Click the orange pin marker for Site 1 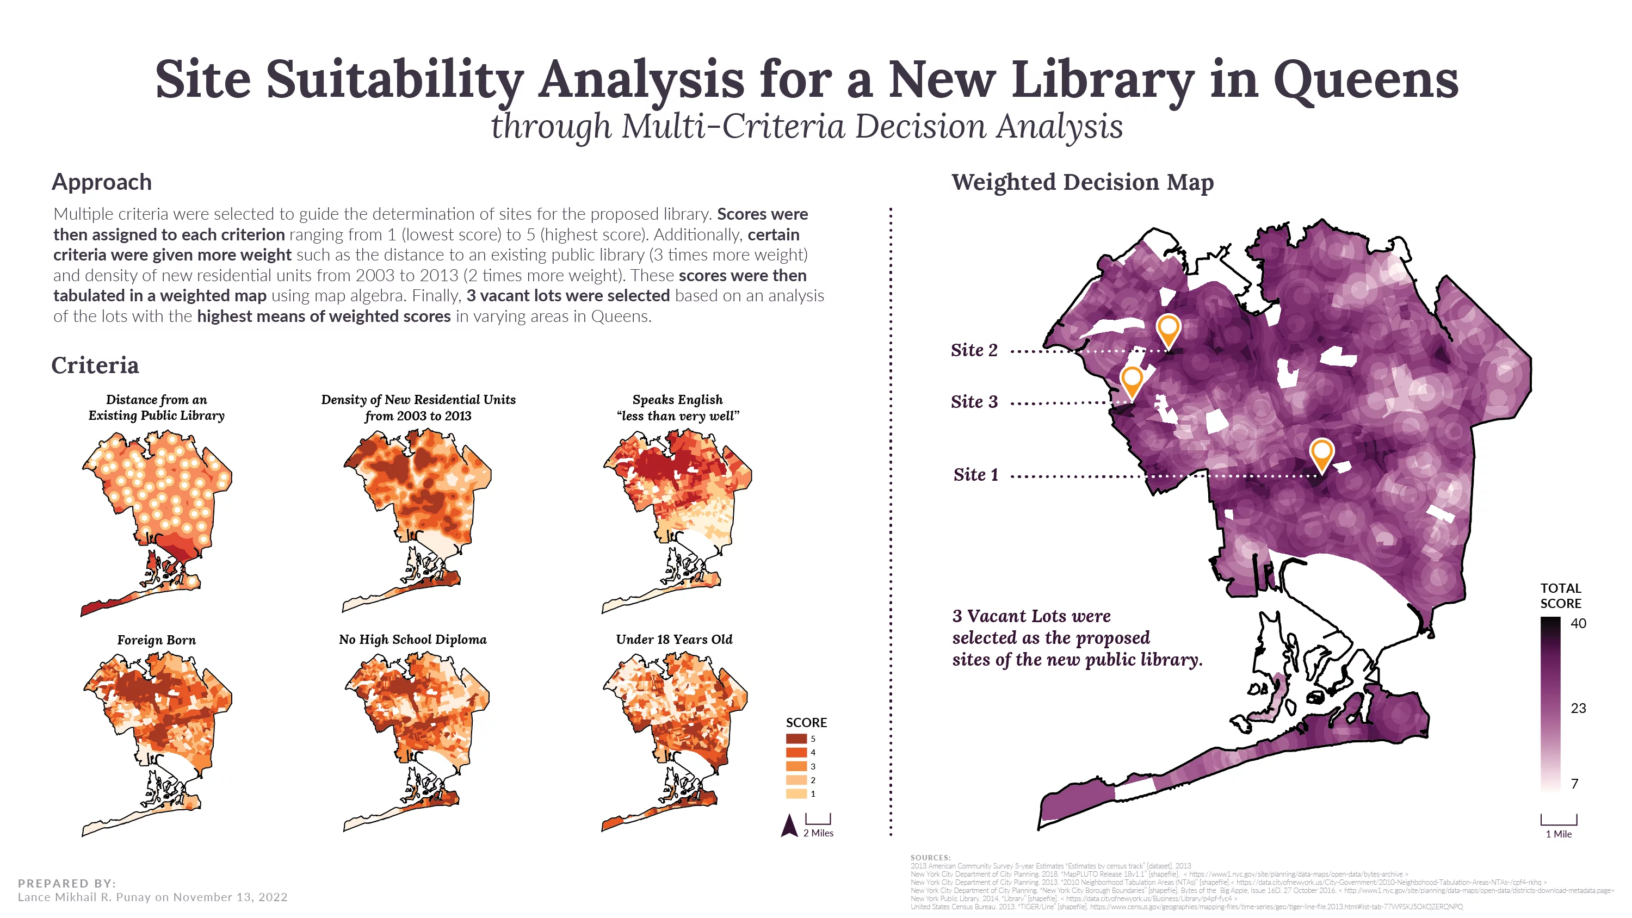pos(1321,454)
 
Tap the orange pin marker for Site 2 pos(1169,330)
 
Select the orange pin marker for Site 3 pos(1132,381)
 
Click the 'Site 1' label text pos(975,475)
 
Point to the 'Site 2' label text pos(974,350)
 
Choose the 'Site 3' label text pos(974,402)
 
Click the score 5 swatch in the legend pos(796,739)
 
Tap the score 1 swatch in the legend pos(796,794)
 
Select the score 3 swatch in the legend pos(796,766)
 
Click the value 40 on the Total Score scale pos(1578,623)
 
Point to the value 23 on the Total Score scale pos(1578,708)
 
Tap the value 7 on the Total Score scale pos(1575,784)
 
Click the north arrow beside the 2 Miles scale pos(789,826)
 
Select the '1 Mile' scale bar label pos(1559,834)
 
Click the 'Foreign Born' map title pos(157,640)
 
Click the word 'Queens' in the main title pos(1366,80)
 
